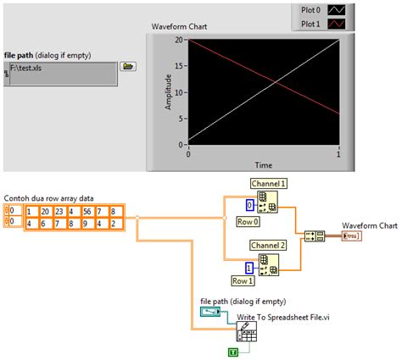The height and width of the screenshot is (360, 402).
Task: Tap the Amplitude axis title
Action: coord(168,91)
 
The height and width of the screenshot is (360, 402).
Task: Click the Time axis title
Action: coord(263,164)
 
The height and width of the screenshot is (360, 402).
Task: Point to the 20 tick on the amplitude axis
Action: coord(180,40)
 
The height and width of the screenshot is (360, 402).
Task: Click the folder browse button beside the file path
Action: coord(128,66)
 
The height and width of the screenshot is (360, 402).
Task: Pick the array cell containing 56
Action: coord(85,212)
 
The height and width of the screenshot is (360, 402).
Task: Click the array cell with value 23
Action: coord(58,212)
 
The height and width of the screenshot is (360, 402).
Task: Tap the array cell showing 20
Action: coord(44,212)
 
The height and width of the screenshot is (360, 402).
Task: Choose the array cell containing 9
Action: coord(85,224)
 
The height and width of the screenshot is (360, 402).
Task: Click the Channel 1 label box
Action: coord(269,183)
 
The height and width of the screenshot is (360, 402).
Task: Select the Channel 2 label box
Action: coord(269,244)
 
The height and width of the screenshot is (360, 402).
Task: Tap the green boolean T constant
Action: coord(233,351)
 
